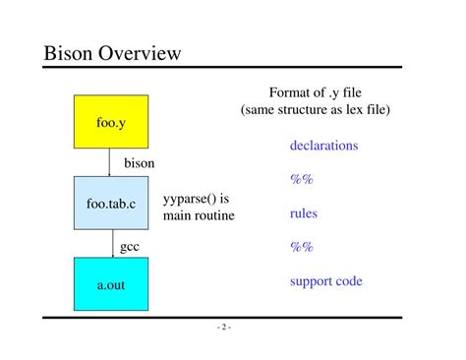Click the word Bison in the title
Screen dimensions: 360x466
point(72,52)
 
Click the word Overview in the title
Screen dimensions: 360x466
point(143,52)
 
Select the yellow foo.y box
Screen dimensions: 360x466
point(110,121)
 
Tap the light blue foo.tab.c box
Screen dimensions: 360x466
point(110,203)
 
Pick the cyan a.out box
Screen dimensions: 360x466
point(110,284)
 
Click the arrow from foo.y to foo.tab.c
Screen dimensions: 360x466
point(110,162)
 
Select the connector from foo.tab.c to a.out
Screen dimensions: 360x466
point(110,243)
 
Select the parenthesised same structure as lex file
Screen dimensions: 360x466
point(315,110)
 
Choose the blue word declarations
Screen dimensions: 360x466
point(323,146)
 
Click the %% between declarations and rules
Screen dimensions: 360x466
point(301,180)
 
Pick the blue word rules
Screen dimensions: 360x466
point(304,213)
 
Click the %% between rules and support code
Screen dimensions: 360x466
point(301,247)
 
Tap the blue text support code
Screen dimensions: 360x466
point(325,281)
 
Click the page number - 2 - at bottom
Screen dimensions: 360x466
point(223,328)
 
